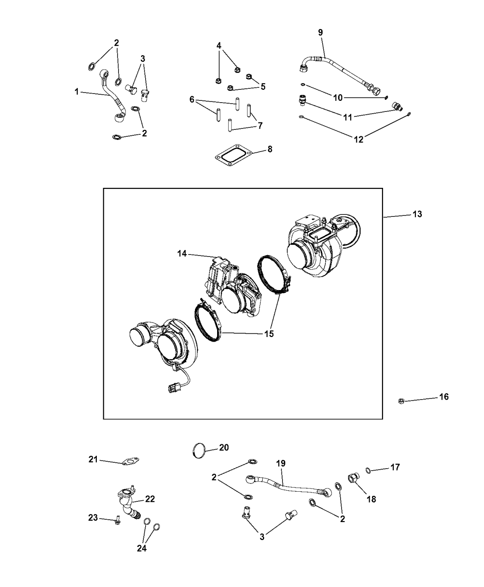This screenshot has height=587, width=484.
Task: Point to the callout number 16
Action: [x=443, y=396]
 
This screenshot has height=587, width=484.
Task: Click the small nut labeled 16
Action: [x=401, y=401]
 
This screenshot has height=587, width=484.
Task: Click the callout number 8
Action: [x=270, y=149]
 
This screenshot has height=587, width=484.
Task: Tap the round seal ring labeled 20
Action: [x=198, y=450]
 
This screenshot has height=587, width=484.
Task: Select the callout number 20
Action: [x=223, y=447]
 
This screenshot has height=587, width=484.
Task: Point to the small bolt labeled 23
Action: [x=117, y=521]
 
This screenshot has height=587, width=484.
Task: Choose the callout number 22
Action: [x=150, y=499]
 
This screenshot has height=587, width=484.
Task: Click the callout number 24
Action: [x=142, y=548]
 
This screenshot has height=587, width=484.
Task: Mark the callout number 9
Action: [x=320, y=32]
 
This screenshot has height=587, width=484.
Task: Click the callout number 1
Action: [x=77, y=92]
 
